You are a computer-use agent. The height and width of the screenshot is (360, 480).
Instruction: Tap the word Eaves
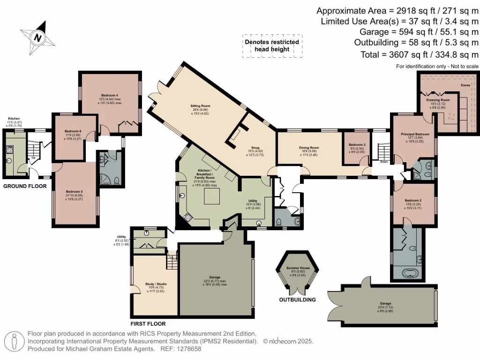pyautogui.click(x=465, y=86)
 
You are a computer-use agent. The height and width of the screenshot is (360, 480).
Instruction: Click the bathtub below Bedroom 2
pyautogui.click(x=407, y=272)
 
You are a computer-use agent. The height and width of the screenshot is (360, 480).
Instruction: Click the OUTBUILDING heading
pyautogui.click(x=297, y=300)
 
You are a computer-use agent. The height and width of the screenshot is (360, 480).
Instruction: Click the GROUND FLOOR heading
pyautogui.click(x=25, y=186)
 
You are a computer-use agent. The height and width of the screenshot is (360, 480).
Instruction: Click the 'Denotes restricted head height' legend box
pyautogui.click(x=271, y=45)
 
